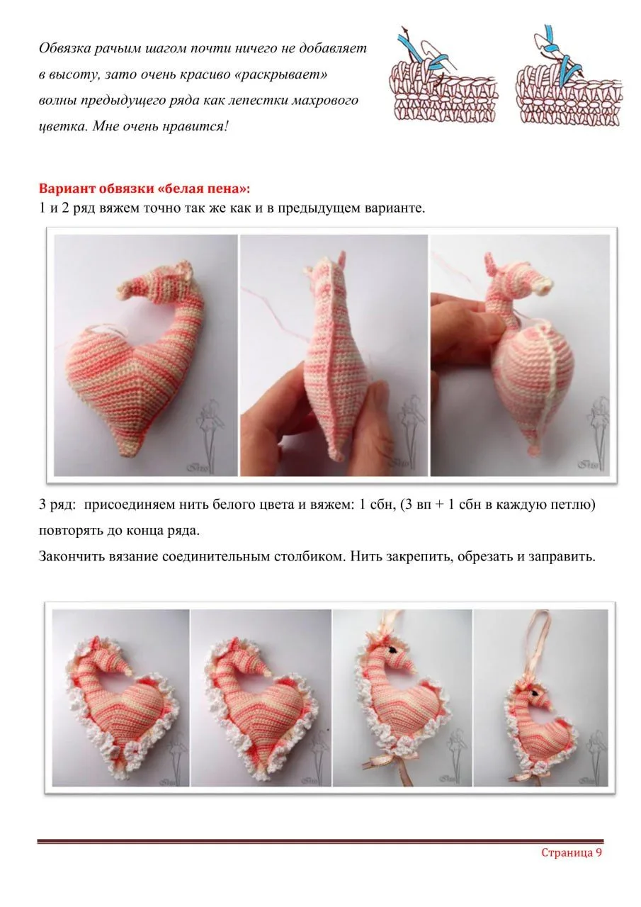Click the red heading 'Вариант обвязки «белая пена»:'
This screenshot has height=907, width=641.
[x=144, y=188]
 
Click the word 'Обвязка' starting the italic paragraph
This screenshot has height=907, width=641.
[x=64, y=49]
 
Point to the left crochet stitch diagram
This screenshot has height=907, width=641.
[x=443, y=75]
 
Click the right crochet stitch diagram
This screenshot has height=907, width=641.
[x=569, y=75]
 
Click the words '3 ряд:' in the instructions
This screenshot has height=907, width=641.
[x=57, y=505]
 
